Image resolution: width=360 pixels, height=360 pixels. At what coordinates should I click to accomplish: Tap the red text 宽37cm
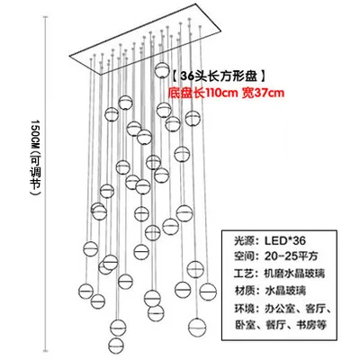(263, 93)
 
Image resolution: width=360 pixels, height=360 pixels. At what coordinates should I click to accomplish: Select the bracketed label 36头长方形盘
(219, 76)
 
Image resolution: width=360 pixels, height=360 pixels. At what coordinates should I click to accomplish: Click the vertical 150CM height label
(36, 158)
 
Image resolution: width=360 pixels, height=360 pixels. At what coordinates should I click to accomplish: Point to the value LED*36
(285, 240)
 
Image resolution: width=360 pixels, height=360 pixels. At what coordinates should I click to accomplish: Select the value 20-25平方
(291, 256)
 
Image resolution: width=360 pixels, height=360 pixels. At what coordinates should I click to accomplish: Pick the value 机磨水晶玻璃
(294, 274)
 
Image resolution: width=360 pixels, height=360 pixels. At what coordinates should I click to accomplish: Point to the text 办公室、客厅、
(298, 308)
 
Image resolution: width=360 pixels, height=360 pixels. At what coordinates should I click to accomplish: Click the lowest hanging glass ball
(116, 346)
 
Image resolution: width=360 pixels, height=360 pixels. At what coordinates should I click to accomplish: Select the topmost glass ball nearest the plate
(161, 70)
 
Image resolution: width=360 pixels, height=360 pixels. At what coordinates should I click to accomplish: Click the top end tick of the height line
(46, 17)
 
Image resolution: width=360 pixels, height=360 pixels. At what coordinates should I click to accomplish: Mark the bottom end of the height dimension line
(46, 350)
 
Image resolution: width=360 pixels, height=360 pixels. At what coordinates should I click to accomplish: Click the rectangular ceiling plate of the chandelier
(145, 40)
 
